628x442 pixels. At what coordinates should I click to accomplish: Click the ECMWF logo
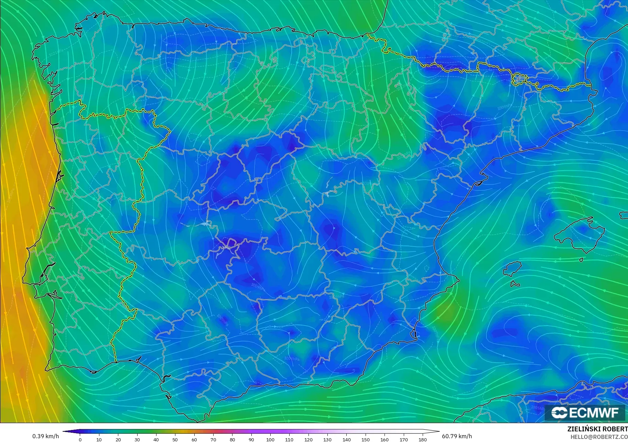point(585,412)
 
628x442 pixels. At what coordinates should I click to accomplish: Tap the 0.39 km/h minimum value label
point(46,436)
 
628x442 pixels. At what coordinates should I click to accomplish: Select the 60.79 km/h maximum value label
point(457,436)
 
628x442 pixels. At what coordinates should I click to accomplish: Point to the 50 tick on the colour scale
point(175,439)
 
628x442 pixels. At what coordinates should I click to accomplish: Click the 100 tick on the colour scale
point(270,439)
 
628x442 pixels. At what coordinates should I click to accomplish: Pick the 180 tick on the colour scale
point(423,439)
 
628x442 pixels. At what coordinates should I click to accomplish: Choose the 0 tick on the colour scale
point(80,439)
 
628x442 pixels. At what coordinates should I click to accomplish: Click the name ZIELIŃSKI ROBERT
point(597,429)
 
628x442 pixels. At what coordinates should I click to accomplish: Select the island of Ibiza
point(512,268)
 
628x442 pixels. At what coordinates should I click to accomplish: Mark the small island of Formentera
point(515,284)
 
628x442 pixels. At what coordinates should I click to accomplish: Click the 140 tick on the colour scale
point(346,439)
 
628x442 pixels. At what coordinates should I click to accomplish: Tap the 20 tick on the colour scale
point(118,439)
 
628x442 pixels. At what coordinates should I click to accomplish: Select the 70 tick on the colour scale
point(213,439)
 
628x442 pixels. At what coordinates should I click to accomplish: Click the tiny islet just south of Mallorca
point(581,260)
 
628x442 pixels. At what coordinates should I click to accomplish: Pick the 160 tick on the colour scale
point(385,439)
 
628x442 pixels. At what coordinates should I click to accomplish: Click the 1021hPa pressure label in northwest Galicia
point(54,54)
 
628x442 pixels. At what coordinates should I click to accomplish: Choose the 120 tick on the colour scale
point(308,439)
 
